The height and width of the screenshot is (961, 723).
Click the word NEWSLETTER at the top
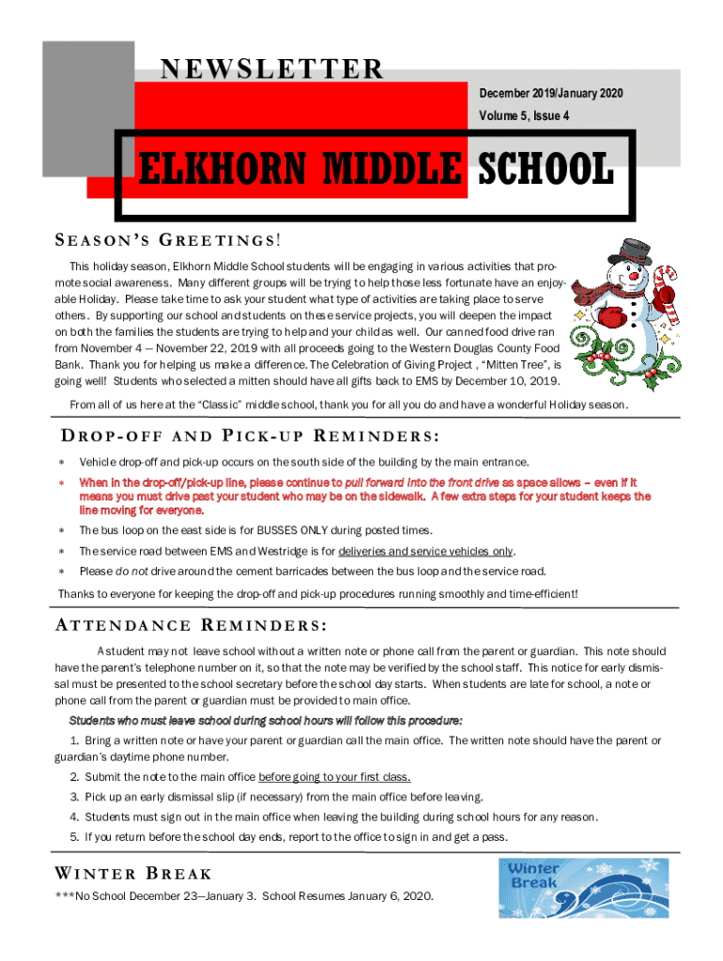coord(272,69)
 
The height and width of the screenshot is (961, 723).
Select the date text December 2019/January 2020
coord(551,94)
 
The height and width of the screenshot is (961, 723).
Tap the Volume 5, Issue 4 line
coord(525,116)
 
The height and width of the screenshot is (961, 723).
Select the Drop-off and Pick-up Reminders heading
coord(251,437)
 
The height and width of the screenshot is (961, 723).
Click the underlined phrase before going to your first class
coord(334,777)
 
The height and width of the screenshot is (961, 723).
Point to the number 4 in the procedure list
coord(73,816)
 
